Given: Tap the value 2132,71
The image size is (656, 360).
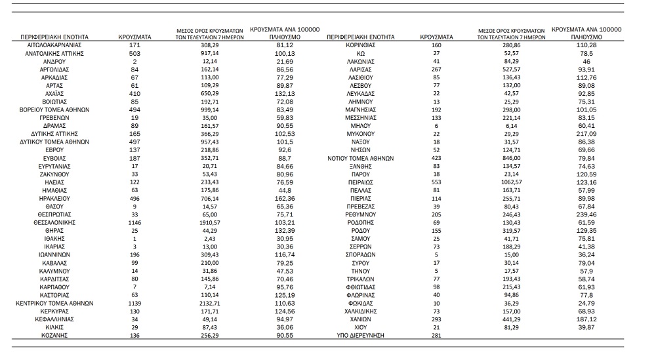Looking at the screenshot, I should coord(210,304).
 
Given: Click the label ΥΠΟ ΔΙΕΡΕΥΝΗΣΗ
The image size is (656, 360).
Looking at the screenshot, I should coord(361,336).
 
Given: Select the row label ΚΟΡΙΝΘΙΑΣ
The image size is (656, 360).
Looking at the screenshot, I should coord(361,44).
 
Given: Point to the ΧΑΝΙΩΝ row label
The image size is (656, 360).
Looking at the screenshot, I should coord(361,319).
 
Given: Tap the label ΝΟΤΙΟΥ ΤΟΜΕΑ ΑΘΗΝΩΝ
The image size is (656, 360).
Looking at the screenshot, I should coord(361,158).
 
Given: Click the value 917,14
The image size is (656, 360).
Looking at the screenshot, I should coord(210,52).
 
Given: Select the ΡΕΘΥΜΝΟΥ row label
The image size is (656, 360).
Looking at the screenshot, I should coord(361,214).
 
